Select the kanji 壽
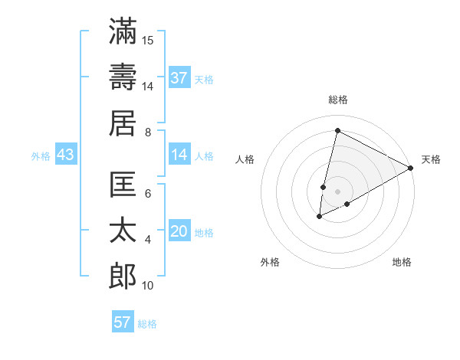(123, 77)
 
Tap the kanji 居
(123, 123)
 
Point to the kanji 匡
(123, 185)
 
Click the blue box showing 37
(179, 77)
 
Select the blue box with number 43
(65, 155)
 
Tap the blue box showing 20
(179, 232)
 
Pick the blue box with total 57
(123, 322)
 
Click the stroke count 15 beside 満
(148, 40)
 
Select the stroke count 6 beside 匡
(148, 194)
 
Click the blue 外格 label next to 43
(41, 156)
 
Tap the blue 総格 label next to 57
(147, 323)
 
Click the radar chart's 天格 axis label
(431, 159)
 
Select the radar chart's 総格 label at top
(338, 100)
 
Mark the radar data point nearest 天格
(412, 168)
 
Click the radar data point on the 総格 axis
(337, 131)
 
